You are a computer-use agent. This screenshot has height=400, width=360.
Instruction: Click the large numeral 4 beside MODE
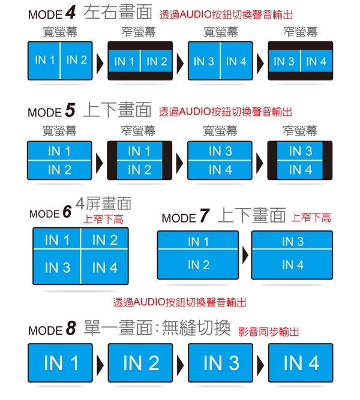click(70, 12)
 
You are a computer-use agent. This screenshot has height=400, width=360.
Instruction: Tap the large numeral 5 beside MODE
click(70, 110)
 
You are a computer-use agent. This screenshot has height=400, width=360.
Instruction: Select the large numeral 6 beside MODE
click(67, 212)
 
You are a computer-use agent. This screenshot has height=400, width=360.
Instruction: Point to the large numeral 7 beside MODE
click(205, 215)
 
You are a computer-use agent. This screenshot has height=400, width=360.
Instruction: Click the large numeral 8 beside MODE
click(71, 328)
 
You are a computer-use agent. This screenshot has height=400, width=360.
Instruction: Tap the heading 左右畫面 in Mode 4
click(118, 12)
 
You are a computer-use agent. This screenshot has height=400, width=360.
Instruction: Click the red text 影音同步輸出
click(269, 332)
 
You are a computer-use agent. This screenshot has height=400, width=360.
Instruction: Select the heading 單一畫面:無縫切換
click(157, 327)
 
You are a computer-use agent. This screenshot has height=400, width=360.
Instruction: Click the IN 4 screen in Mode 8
click(301, 363)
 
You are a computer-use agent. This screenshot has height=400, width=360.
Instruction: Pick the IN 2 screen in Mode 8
click(140, 363)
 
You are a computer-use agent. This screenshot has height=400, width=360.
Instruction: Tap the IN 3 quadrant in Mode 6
click(57, 267)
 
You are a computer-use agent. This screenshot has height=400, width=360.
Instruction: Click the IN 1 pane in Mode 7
click(198, 240)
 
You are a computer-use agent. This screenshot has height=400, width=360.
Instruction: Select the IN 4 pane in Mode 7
click(292, 264)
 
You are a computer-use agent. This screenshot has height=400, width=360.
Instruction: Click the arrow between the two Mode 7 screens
click(245, 255)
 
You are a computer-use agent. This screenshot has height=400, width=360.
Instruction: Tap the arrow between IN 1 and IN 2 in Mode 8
click(100, 365)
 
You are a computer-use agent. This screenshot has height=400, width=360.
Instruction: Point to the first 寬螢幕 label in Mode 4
click(60, 32)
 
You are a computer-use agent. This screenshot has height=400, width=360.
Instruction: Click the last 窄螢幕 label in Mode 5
click(300, 131)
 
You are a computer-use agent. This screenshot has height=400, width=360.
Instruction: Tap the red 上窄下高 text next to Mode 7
click(311, 218)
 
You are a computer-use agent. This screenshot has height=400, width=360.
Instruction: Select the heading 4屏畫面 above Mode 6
click(104, 203)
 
